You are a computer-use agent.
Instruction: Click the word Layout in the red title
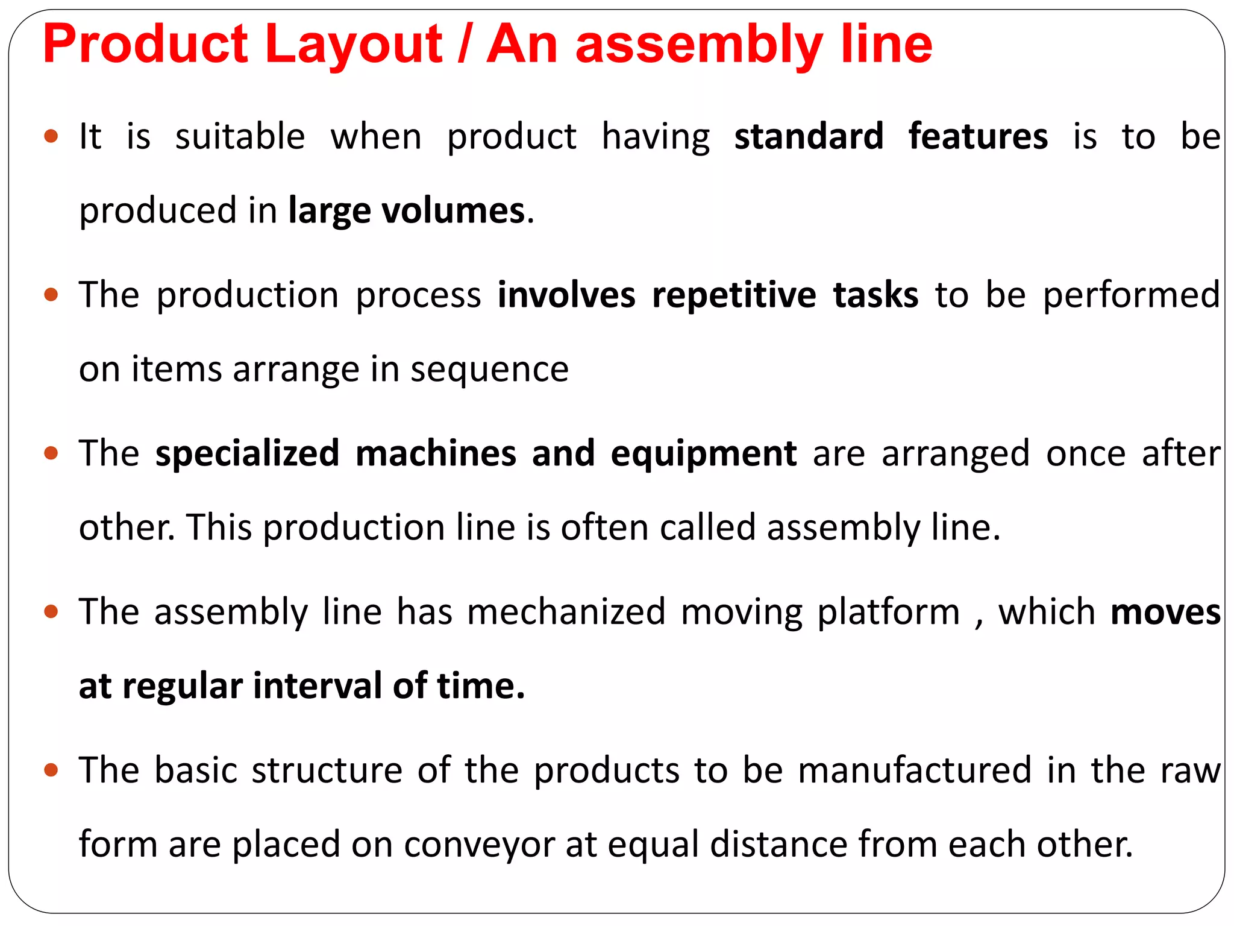click(x=354, y=45)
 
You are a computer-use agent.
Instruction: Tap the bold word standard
click(x=809, y=136)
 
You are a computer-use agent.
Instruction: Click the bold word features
click(x=978, y=136)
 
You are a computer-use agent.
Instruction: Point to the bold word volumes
click(x=454, y=211)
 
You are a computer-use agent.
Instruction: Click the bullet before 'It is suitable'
click(x=51, y=136)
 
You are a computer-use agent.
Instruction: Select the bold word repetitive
click(x=734, y=295)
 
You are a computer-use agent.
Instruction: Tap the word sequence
click(x=489, y=369)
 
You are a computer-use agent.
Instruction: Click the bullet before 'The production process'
click(x=51, y=295)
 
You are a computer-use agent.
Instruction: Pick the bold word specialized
click(x=247, y=453)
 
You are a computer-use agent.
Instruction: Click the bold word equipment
click(x=703, y=453)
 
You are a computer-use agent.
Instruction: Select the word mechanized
click(x=566, y=612)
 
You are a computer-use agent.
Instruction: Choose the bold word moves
click(x=1165, y=612)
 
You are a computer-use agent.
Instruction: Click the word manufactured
click(x=915, y=770)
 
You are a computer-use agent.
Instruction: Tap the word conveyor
click(x=479, y=845)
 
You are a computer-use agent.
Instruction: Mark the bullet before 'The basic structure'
click(x=51, y=770)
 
